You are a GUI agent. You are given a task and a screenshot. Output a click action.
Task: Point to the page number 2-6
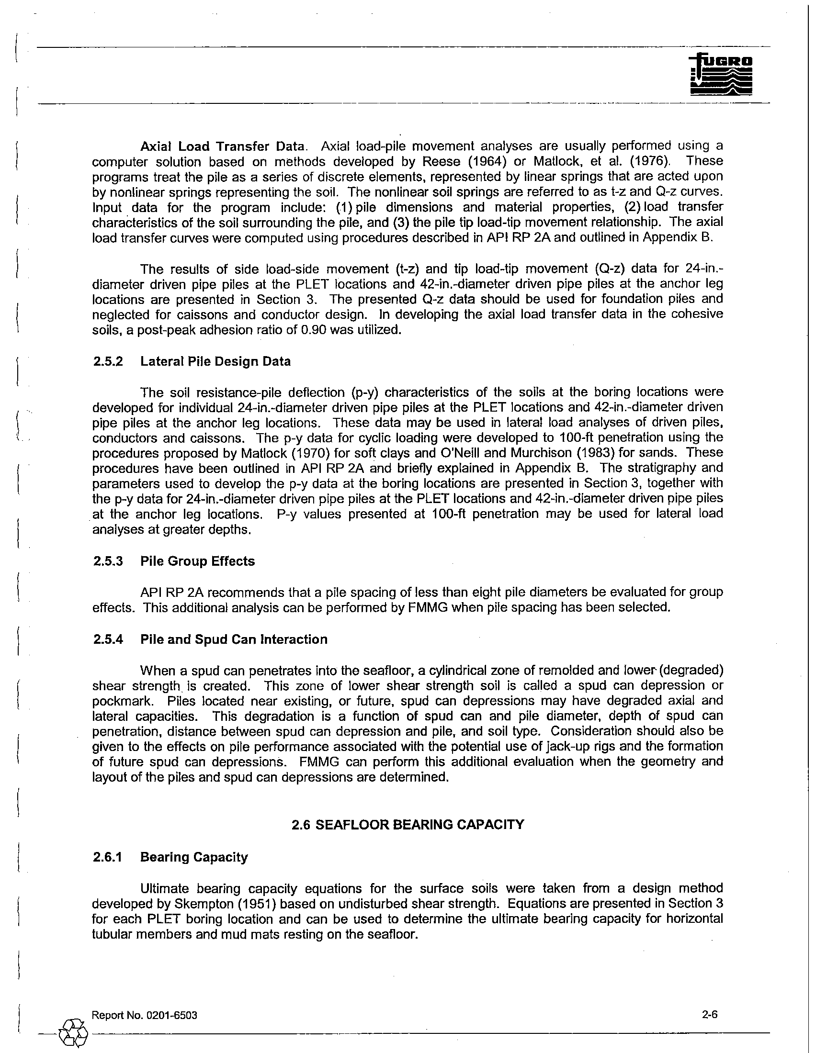pos(710,1014)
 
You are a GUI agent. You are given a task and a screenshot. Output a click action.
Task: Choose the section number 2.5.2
pos(108,361)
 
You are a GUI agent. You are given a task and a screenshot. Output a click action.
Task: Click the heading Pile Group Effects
pos(197,561)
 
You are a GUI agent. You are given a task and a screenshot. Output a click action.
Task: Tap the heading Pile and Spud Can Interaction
pos(233,639)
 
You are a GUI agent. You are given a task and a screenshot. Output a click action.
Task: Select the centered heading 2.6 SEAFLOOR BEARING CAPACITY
pos(408,825)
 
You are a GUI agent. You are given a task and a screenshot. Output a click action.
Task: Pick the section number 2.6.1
pos(108,857)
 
